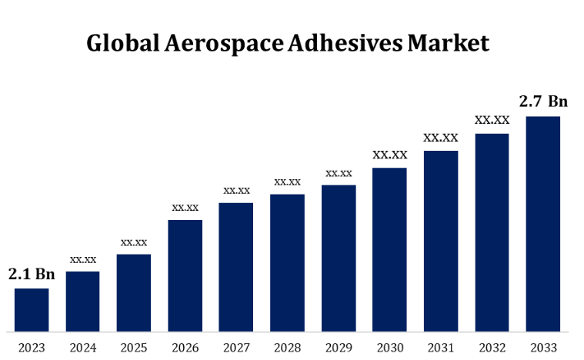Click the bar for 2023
(32, 310)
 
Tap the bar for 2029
(339, 258)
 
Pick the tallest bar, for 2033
(542, 224)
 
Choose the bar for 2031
(441, 241)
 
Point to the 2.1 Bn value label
(32, 274)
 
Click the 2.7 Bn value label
(543, 102)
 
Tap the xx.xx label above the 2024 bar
(83, 259)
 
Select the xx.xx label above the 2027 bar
(236, 190)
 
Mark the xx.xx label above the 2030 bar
(390, 155)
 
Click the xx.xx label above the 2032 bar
(492, 120)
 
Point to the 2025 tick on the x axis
(134, 348)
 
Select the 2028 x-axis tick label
(287, 348)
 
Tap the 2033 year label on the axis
(542, 348)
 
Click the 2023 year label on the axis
(32, 348)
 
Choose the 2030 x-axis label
(389, 348)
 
